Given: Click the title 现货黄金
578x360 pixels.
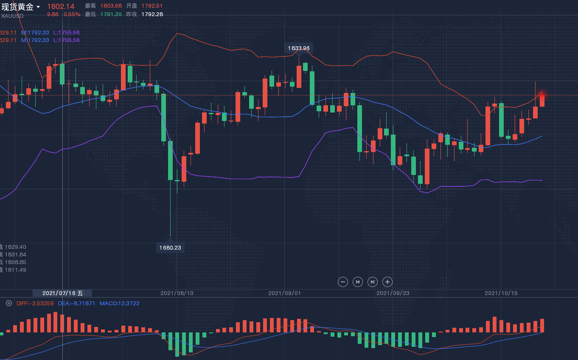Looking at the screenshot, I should (17, 7).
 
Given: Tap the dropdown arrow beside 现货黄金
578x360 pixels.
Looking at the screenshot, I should (39, 7).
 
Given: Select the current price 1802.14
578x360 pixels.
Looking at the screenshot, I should (61, 6).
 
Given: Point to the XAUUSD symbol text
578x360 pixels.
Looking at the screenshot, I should (12, 16).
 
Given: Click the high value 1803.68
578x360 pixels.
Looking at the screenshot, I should (111, 6).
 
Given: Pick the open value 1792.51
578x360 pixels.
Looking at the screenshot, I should (152, 6).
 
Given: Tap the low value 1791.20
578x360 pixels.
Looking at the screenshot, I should (111, 14).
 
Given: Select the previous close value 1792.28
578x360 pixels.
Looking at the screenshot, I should (152, 14).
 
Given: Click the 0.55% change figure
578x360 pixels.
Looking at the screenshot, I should (72, 14).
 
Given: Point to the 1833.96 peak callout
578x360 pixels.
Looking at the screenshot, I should (299, 48).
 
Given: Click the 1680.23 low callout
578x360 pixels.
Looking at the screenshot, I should (170, 247).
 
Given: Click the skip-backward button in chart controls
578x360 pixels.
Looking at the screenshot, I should (358, 281).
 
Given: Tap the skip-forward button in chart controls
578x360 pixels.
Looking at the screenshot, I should (373, 281).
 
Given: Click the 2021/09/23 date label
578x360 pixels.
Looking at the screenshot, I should (393, 293).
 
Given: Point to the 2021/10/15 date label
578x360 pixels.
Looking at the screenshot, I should (501, 293).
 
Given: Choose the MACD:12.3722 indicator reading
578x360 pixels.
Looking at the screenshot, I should (119, 303).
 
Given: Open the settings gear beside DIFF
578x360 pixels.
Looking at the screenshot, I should (8, 303).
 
